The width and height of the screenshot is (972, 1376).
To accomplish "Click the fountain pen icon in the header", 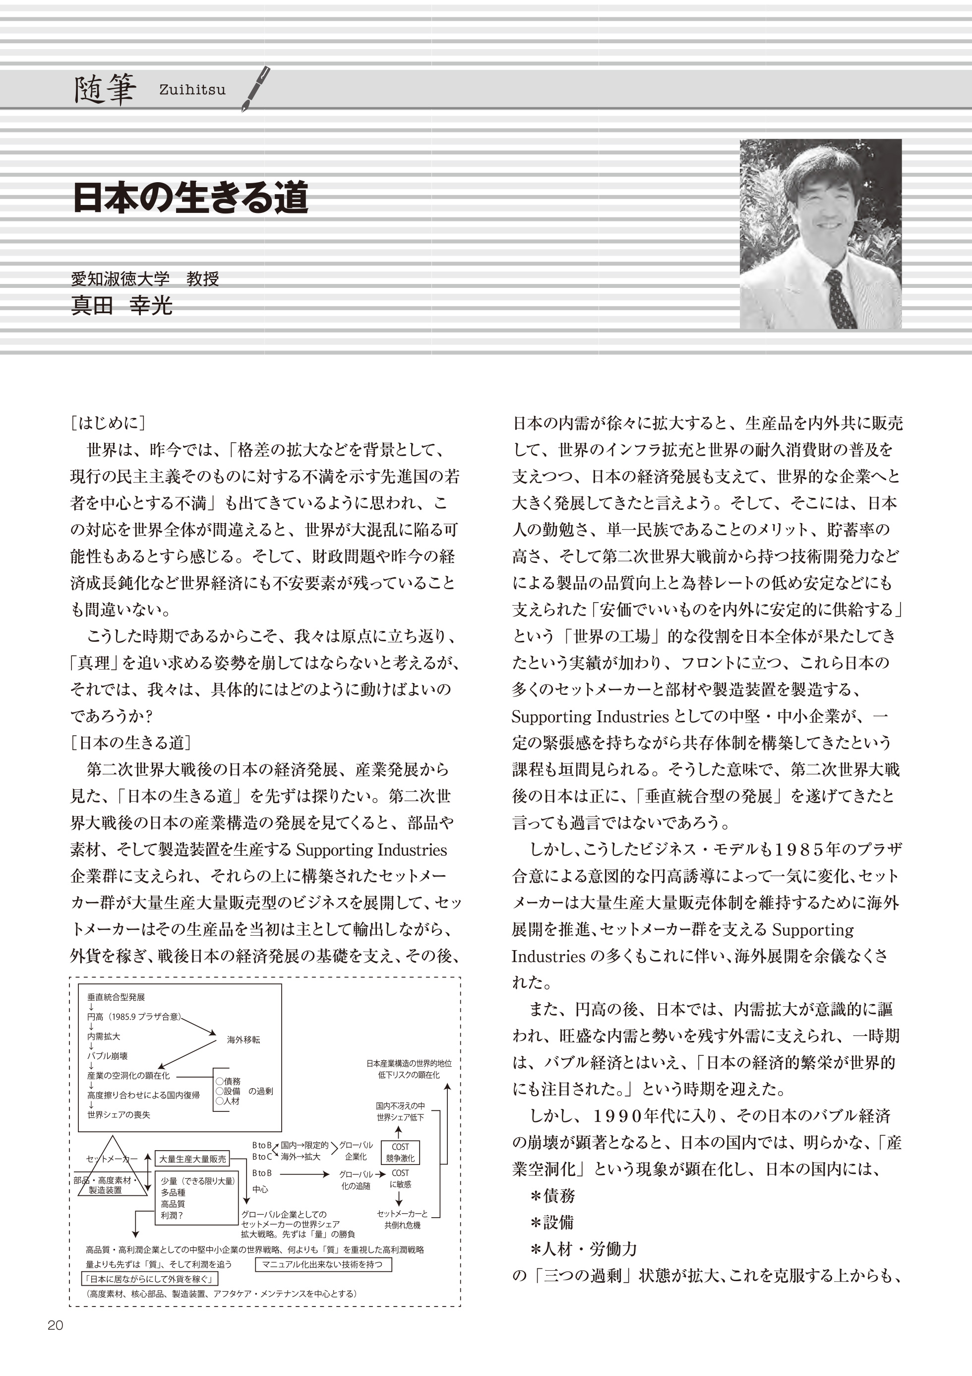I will tap(256, 89).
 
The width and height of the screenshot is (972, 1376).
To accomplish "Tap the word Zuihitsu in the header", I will tap(192, 90).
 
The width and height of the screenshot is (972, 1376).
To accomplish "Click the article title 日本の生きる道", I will tap(190, 198).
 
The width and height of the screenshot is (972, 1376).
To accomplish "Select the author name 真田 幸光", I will tap(121, 306).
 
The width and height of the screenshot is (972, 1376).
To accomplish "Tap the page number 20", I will tap(55, 1342).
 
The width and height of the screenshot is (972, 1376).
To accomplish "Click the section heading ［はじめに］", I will tap(108, 423).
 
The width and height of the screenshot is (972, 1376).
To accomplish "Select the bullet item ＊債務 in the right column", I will tap(552, 1196).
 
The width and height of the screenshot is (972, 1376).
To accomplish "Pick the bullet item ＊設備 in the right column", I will tap(552, 1223).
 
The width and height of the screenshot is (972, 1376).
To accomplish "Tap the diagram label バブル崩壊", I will tap(108, 1055).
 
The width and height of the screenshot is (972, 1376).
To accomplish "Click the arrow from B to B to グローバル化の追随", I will tap(305, 1175).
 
